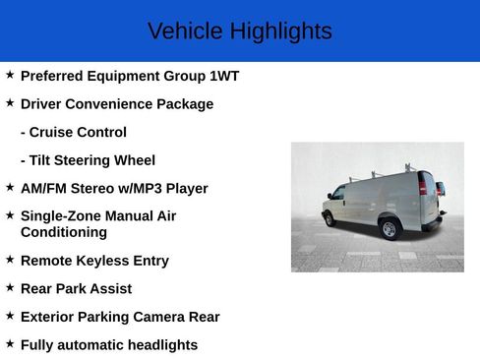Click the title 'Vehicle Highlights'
[239, 31]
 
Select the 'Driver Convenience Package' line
[115, 103]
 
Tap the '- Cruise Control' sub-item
[74, 132]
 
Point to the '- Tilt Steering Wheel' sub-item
[88, 159]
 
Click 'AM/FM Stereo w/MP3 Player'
[114, 188]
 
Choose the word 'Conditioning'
[64, 232]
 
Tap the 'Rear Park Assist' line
[76, 288]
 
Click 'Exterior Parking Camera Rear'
[120, 317]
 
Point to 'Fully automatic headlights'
[109, 344]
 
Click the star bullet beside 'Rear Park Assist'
[10, 287]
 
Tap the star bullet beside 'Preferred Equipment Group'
[10, 75]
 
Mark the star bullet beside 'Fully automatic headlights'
[10, 343]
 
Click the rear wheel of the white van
[390, 229]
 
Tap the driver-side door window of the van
[338, 193]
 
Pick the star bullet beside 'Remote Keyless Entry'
[10, 260]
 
